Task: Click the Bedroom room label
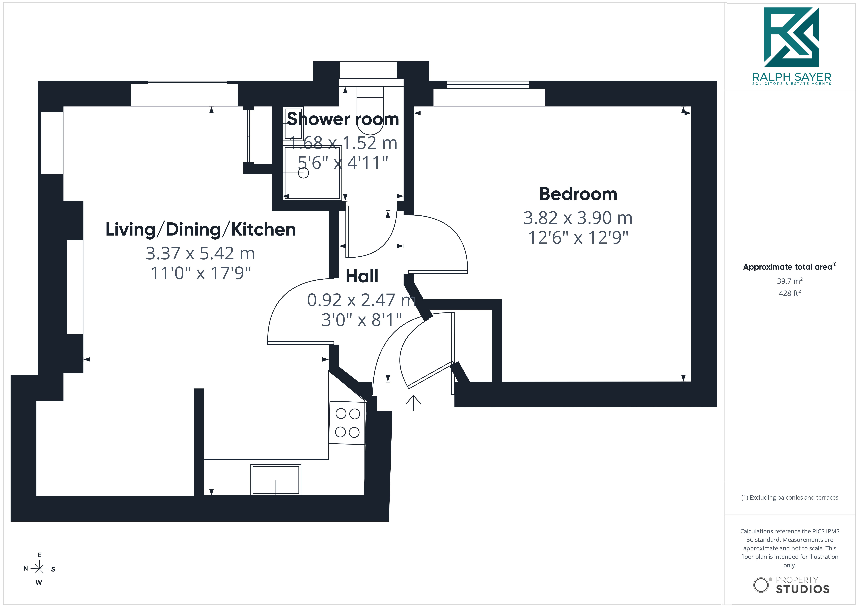[x=578, y=194]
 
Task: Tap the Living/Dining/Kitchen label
[x=201, y=230]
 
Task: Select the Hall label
[x=362, y=276]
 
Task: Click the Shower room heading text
[x=343, y=119]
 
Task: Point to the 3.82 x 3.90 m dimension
[x=578, y=218]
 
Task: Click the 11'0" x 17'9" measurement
[x=201, y=273]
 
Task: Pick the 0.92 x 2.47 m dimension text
[x=361, y=300]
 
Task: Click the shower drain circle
[x=303, y=173]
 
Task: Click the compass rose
[x=39, y=569]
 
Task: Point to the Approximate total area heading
[x=789, y=267]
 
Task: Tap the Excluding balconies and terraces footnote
[x=789, y=497]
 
